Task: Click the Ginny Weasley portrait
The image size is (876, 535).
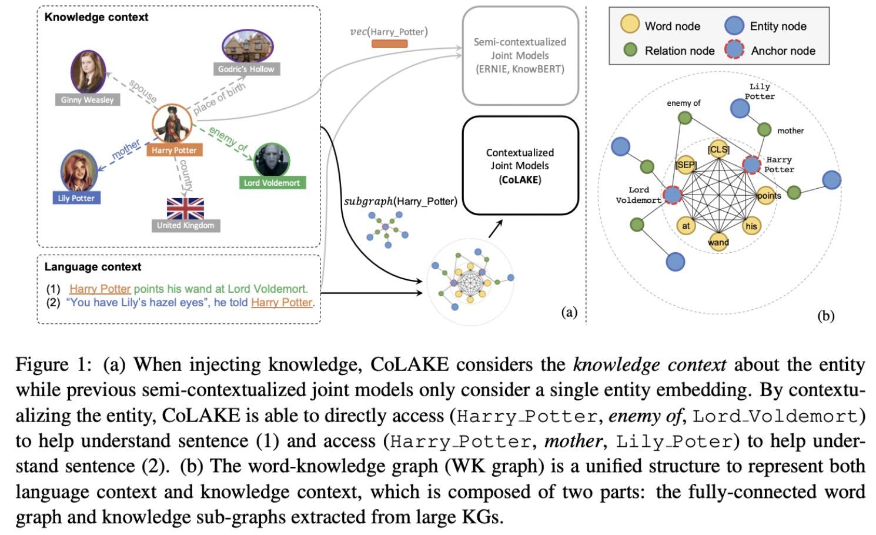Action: (x=88, y=72)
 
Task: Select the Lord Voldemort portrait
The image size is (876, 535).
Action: (x=272, y=160)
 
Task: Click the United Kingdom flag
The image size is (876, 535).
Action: (x=185, y=208)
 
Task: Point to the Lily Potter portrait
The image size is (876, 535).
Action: (x=78, y=171)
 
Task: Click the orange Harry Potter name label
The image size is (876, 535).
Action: (x=174, y=151)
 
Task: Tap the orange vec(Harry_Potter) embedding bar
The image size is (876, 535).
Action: (x=389, y=44)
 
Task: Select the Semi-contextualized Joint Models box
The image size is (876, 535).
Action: (x=520, y=56)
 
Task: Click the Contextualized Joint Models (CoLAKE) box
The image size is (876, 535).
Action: (x=520, y=166)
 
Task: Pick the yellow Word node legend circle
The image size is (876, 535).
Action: (x=630, y=24)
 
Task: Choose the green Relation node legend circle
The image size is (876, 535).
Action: (x=630, y=50)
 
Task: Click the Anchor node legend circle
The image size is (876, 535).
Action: (x=734, y=50)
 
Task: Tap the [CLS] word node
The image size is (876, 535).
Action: (x=718, y=149)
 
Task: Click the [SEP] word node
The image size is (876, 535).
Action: (x=686, y=165)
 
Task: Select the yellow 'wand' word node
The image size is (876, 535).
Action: (x=718, y=242)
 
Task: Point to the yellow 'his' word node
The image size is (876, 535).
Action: (x=751, y=226)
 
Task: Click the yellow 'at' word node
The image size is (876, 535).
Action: (x=686, y=226)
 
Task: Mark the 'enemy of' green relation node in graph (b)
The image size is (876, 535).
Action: (x=685, y=118)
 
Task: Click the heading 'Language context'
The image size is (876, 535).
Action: (x=93, y=267)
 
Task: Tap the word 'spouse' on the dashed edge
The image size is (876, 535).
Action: (x=143, y=91)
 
